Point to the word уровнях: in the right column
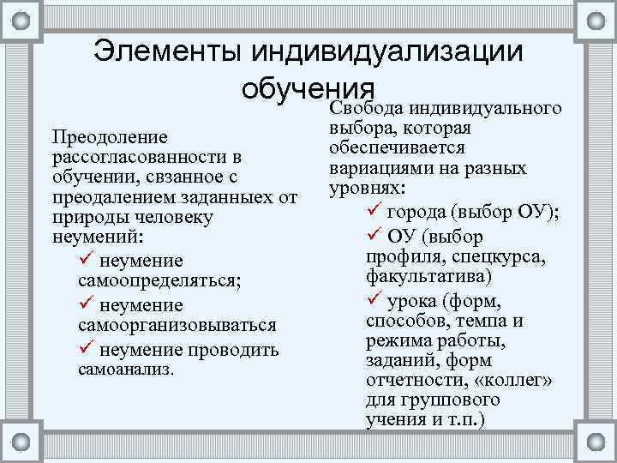click(366, 187)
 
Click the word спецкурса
click(506, 256)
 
